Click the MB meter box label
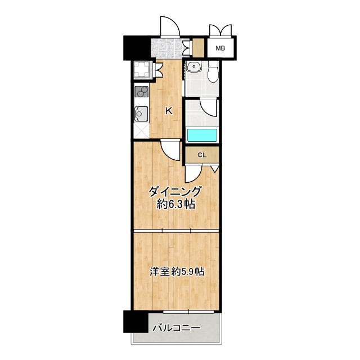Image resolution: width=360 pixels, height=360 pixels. coord(220,48)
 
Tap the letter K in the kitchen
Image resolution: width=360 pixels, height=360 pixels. coord(169,111)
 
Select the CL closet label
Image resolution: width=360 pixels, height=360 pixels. coord(202,155)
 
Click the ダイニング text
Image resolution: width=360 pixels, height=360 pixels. coord(175,191)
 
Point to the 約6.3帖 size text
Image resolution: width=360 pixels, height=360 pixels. coord(176,204)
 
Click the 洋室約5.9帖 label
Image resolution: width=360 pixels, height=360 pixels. coord(177,272)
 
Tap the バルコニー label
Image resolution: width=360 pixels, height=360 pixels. coord(177,327)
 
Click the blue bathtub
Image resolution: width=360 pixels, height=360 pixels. coord(202,136)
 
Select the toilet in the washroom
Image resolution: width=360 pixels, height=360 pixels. coord(213,71)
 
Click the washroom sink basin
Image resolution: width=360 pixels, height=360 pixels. coord(194,67)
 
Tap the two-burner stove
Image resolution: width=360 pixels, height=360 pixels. coord(141,91)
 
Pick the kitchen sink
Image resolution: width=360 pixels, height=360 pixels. coord(141,114)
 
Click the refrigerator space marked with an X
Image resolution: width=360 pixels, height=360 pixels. coord(141,130)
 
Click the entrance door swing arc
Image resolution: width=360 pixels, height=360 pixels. coord(170,26)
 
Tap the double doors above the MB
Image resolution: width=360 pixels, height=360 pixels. coord(220,30)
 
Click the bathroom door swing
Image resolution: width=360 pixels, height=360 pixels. coord(208,107)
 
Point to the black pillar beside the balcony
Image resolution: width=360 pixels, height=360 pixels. coord(136,321)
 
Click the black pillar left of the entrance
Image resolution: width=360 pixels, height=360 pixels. coord(136,48)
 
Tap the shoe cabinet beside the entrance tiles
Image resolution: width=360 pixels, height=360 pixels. coord(198,48)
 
